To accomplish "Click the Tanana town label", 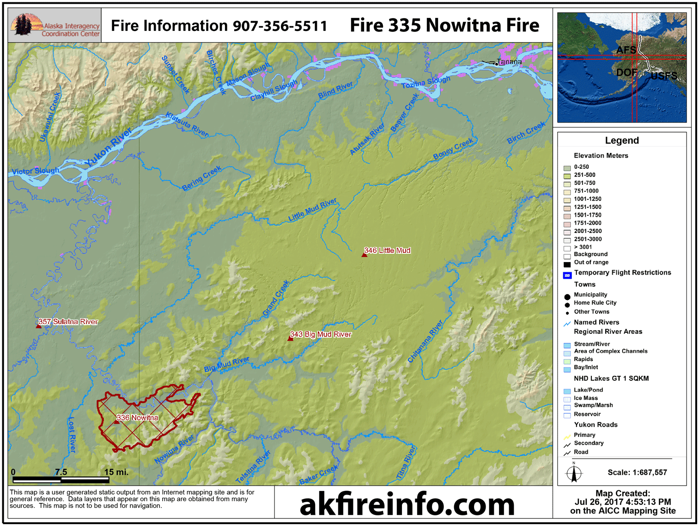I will [510, 61].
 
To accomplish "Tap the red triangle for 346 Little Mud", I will [365, 254].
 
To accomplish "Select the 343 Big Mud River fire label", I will [321, 334].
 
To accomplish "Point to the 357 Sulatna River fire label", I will [68, 322].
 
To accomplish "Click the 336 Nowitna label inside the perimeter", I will [137, 417].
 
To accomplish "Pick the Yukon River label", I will [109, 148].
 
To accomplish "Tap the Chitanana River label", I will [425, 341].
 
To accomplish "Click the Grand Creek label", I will [276, 298].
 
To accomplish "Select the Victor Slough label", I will [36, 171].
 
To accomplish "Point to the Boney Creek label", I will [453, 149].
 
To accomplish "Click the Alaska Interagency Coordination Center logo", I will [55, 25].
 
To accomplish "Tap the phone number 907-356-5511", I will [280, 26].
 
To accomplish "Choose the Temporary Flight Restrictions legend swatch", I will [567, 275].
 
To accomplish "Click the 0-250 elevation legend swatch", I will [567, 168].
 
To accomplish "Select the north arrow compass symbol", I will [574, 473].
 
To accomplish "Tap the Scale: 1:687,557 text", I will [637, 472].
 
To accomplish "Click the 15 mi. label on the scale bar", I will [116, 472].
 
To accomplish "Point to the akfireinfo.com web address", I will [407, 504].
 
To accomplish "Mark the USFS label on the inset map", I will [663, 76].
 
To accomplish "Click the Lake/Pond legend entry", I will [588, 390].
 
